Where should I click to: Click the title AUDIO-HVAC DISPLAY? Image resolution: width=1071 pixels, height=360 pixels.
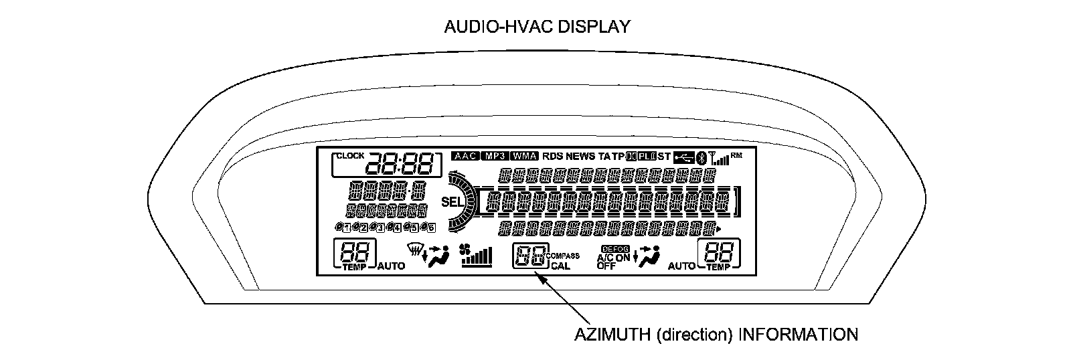click(x=538, y=27)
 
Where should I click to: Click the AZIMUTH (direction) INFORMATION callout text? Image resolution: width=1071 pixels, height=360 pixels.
click(x=716, y=334)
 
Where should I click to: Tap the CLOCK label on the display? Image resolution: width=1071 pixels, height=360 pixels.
click(x=350, y=156)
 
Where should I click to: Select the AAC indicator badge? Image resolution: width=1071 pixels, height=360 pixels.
click(x=465, y=156)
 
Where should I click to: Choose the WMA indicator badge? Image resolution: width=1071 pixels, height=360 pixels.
click(x=524, y=156)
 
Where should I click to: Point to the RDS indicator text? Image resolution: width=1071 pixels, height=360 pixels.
click(x=553, y=156)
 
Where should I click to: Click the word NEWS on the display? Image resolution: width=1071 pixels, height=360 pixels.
click(x=580, y=156)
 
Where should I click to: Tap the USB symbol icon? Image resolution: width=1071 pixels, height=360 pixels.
click(x=683, y=157)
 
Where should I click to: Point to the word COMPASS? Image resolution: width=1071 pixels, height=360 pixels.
click(x=563, y=256)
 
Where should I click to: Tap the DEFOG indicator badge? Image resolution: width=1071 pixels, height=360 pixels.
click(x=612, y=248)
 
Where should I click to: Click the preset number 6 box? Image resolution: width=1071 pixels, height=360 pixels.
click(x=430, y=228)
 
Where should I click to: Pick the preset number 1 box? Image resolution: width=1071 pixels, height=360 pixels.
click(x=346, y=228)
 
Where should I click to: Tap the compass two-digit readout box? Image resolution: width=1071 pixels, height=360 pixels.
click(x=529, y=256)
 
